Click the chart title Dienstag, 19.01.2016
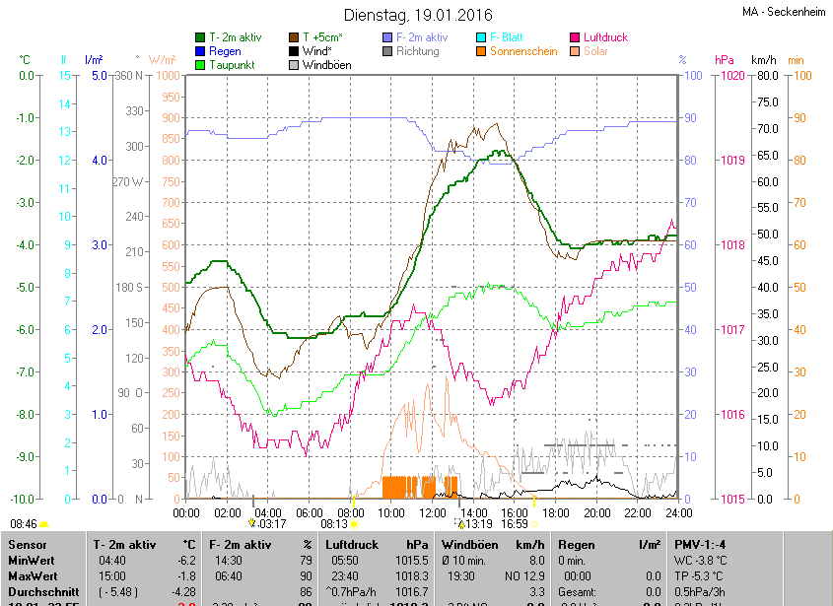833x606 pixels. (416, 15)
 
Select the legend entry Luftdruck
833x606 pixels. (604, 37)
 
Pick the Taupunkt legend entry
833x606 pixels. (233, 65)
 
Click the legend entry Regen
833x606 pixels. (225, 51)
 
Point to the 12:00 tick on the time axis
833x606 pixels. (433, 512)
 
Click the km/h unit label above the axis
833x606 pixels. (764, 60)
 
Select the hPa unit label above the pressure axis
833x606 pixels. (725, 60)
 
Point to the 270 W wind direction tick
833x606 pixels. (128, 181)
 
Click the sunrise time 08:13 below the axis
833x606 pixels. (335, 524)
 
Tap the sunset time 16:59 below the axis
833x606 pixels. (516, 524)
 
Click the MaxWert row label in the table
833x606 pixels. (32, 575)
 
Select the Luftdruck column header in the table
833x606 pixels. (352, 544)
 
